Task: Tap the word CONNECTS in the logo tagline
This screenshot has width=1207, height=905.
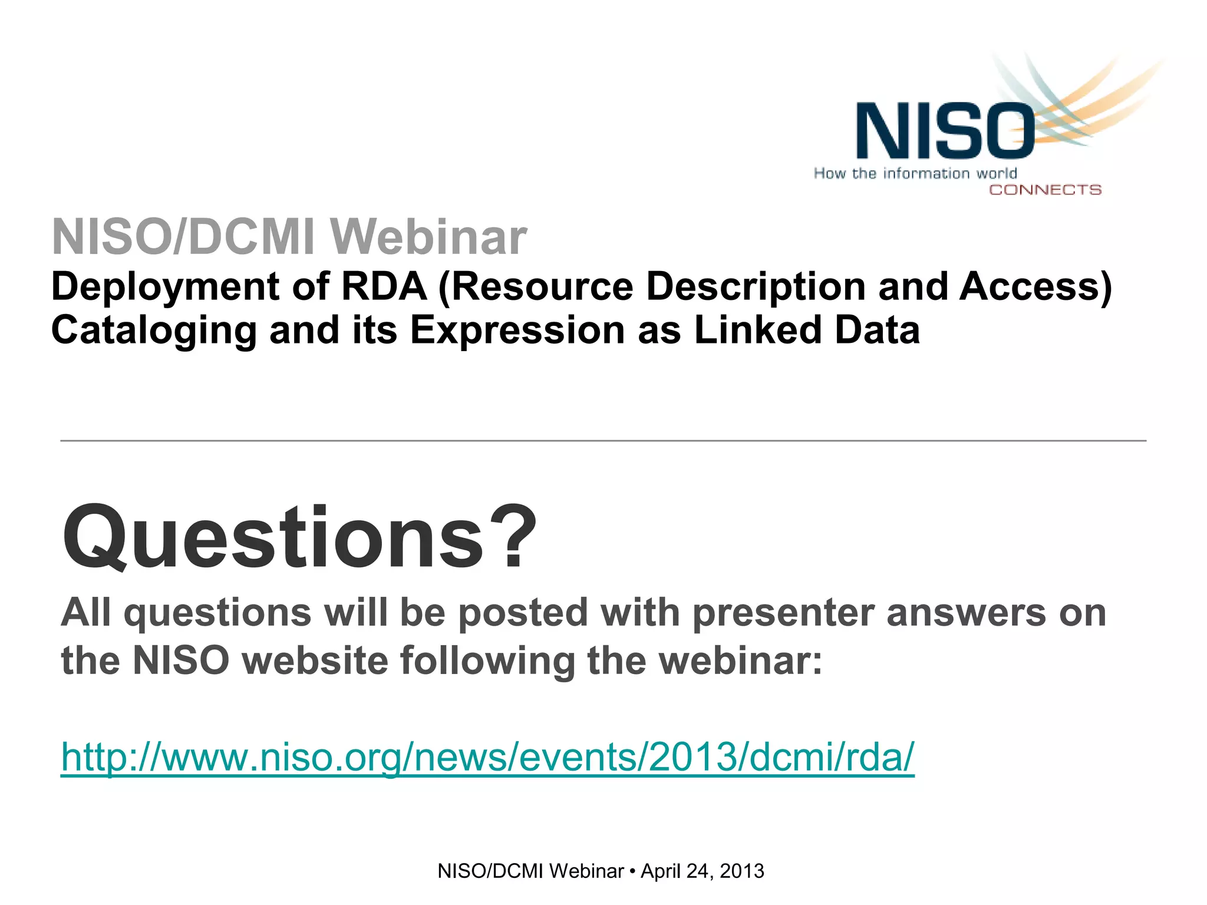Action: (1045, 190)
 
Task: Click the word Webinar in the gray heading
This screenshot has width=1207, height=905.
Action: (428, 237)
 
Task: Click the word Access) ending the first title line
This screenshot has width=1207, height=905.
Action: (1035, 287)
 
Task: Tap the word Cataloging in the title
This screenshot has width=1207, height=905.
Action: (154, 330)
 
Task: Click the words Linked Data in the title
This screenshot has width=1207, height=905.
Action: (807, 330)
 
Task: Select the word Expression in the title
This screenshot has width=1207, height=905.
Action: (517, 330)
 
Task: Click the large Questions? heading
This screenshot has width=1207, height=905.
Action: (299, 537)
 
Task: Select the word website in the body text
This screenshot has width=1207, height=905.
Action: (315, 660)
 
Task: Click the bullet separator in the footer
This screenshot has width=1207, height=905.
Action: (632, 871)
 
